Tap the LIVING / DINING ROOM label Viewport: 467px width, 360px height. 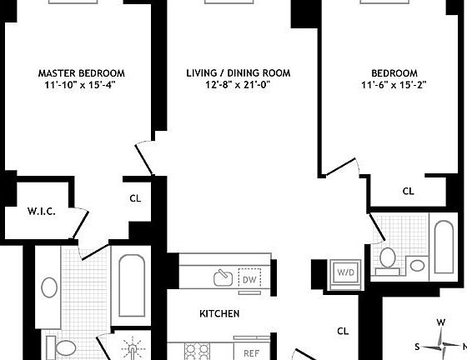(x=239, y=73)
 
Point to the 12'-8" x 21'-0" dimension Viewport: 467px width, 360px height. (x=239, y=86)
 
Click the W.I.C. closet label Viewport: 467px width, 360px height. (x=42, y=212)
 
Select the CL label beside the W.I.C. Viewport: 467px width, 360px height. (x=135, y=198)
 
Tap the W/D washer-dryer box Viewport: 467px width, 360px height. (x=344, y=272)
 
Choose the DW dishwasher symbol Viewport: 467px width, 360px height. (x=248, y=278)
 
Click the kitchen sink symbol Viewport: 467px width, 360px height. (x=223, y=277)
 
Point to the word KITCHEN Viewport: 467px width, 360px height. (x=219, y=314)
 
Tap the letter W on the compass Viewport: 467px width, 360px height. (x=441, y=323)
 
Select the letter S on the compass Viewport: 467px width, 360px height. (x=418, y=347)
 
